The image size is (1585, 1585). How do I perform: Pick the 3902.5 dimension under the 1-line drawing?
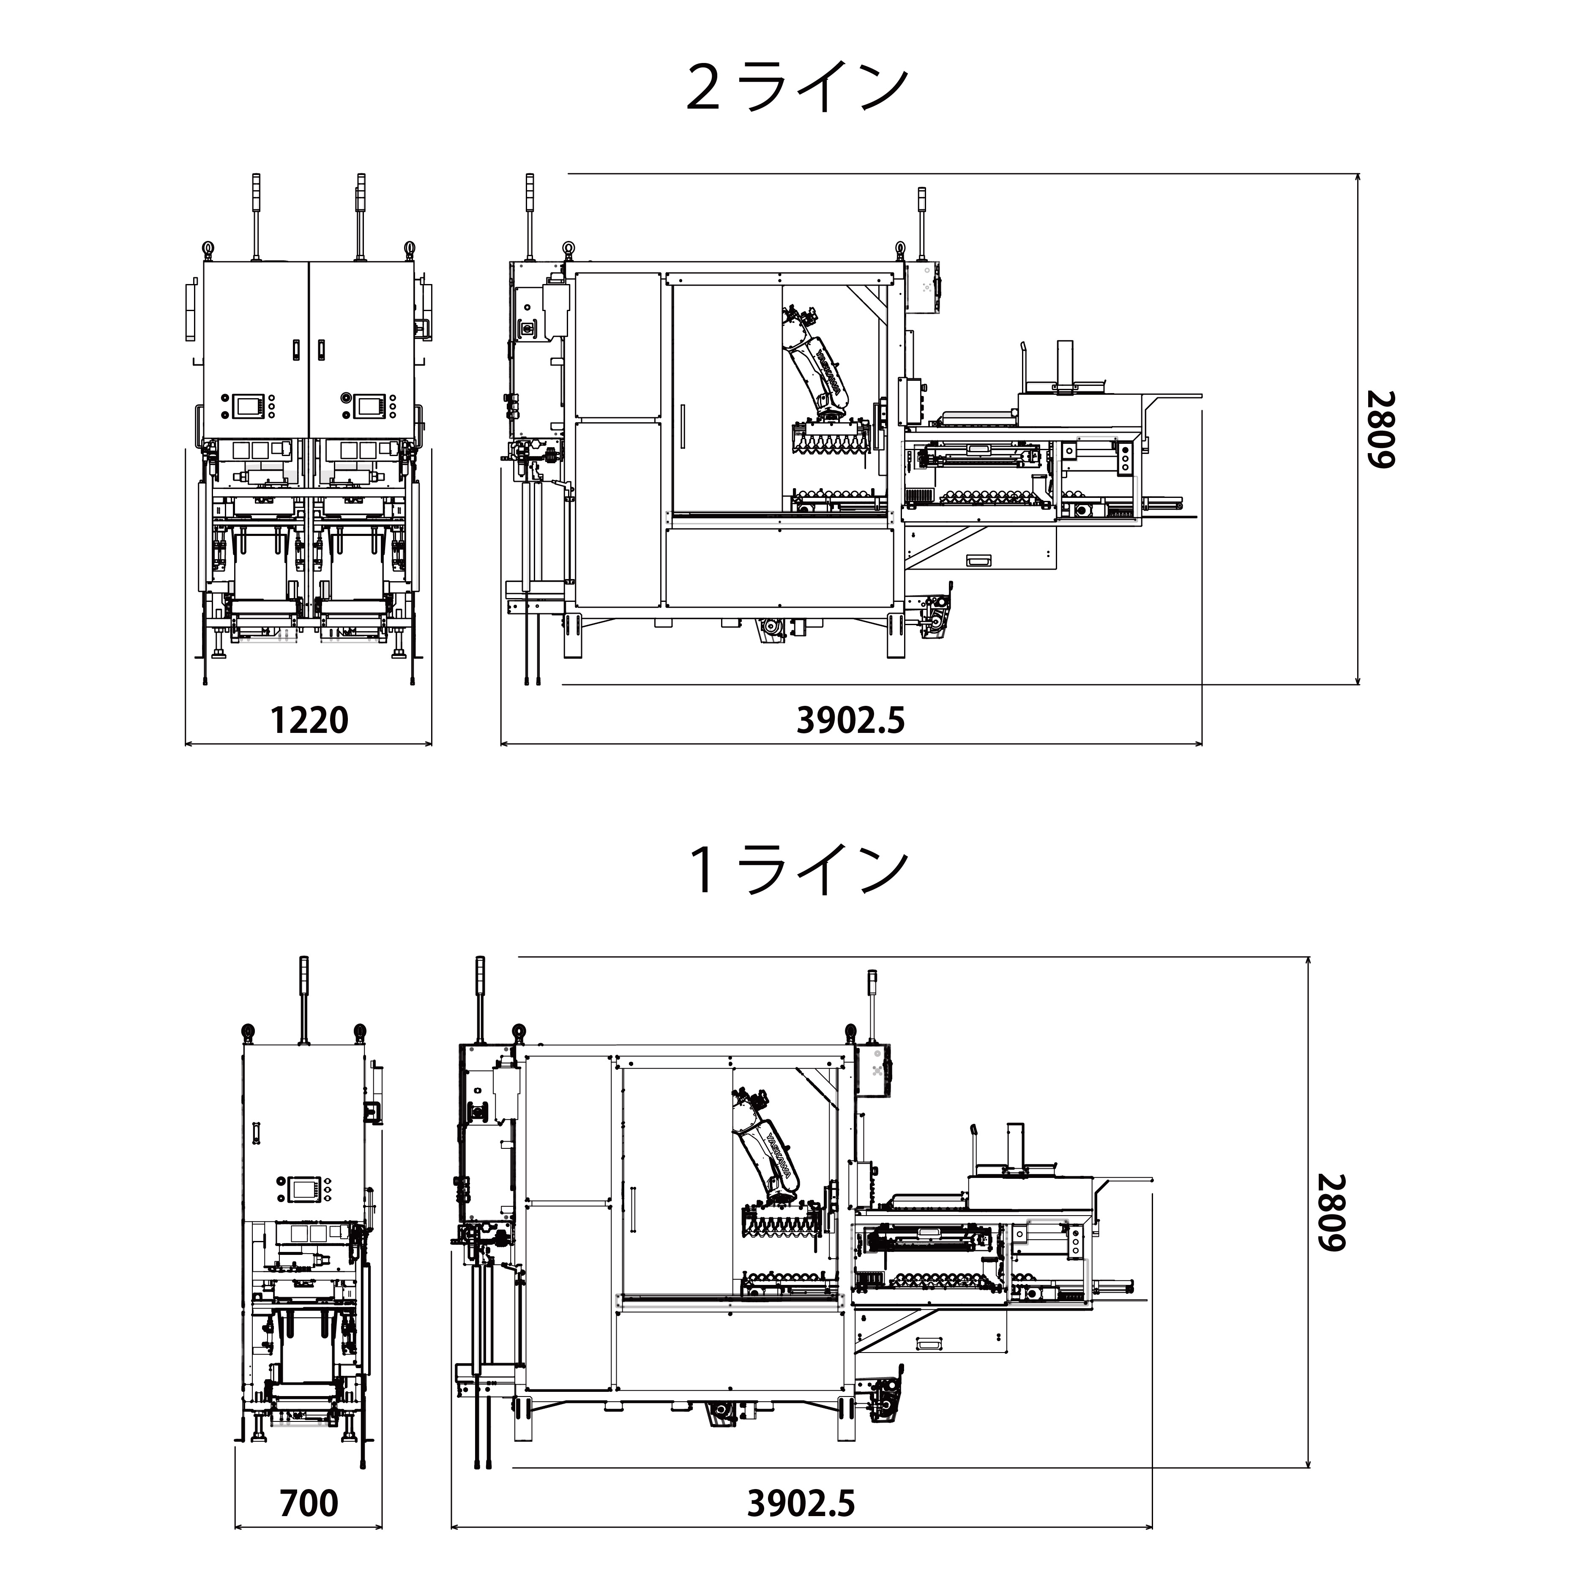(x=801, y=1503)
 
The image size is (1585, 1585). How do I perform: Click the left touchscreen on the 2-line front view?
(x=246, y=405)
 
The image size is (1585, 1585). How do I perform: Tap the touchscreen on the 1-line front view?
(x=304, y=1188)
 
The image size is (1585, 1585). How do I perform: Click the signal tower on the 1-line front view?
(x=304, y=1001)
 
